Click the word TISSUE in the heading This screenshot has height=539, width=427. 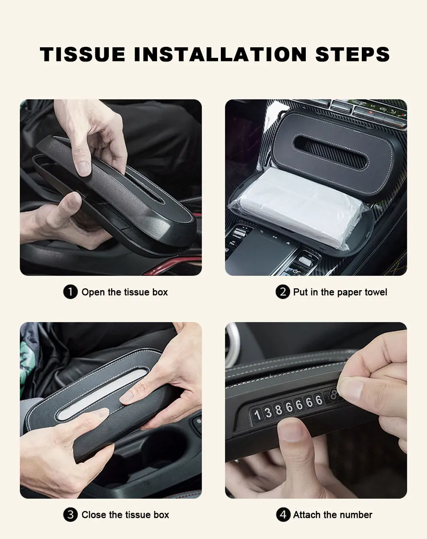tap(83, 54)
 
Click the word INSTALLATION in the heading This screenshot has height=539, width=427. tap(220, 54)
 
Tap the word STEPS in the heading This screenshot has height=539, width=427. tap(353, 54)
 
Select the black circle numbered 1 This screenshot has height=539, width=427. tap(70, 292)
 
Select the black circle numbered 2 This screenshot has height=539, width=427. tap(283, 292)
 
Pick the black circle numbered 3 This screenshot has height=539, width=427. tap(70, 515)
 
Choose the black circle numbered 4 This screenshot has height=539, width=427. tap(283, 515)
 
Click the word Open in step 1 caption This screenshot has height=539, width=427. tap(93, 292)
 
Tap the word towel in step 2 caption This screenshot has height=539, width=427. tap(376, 292)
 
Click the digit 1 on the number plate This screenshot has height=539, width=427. tap(258, 415)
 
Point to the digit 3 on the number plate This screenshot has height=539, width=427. tap(268, 412)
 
